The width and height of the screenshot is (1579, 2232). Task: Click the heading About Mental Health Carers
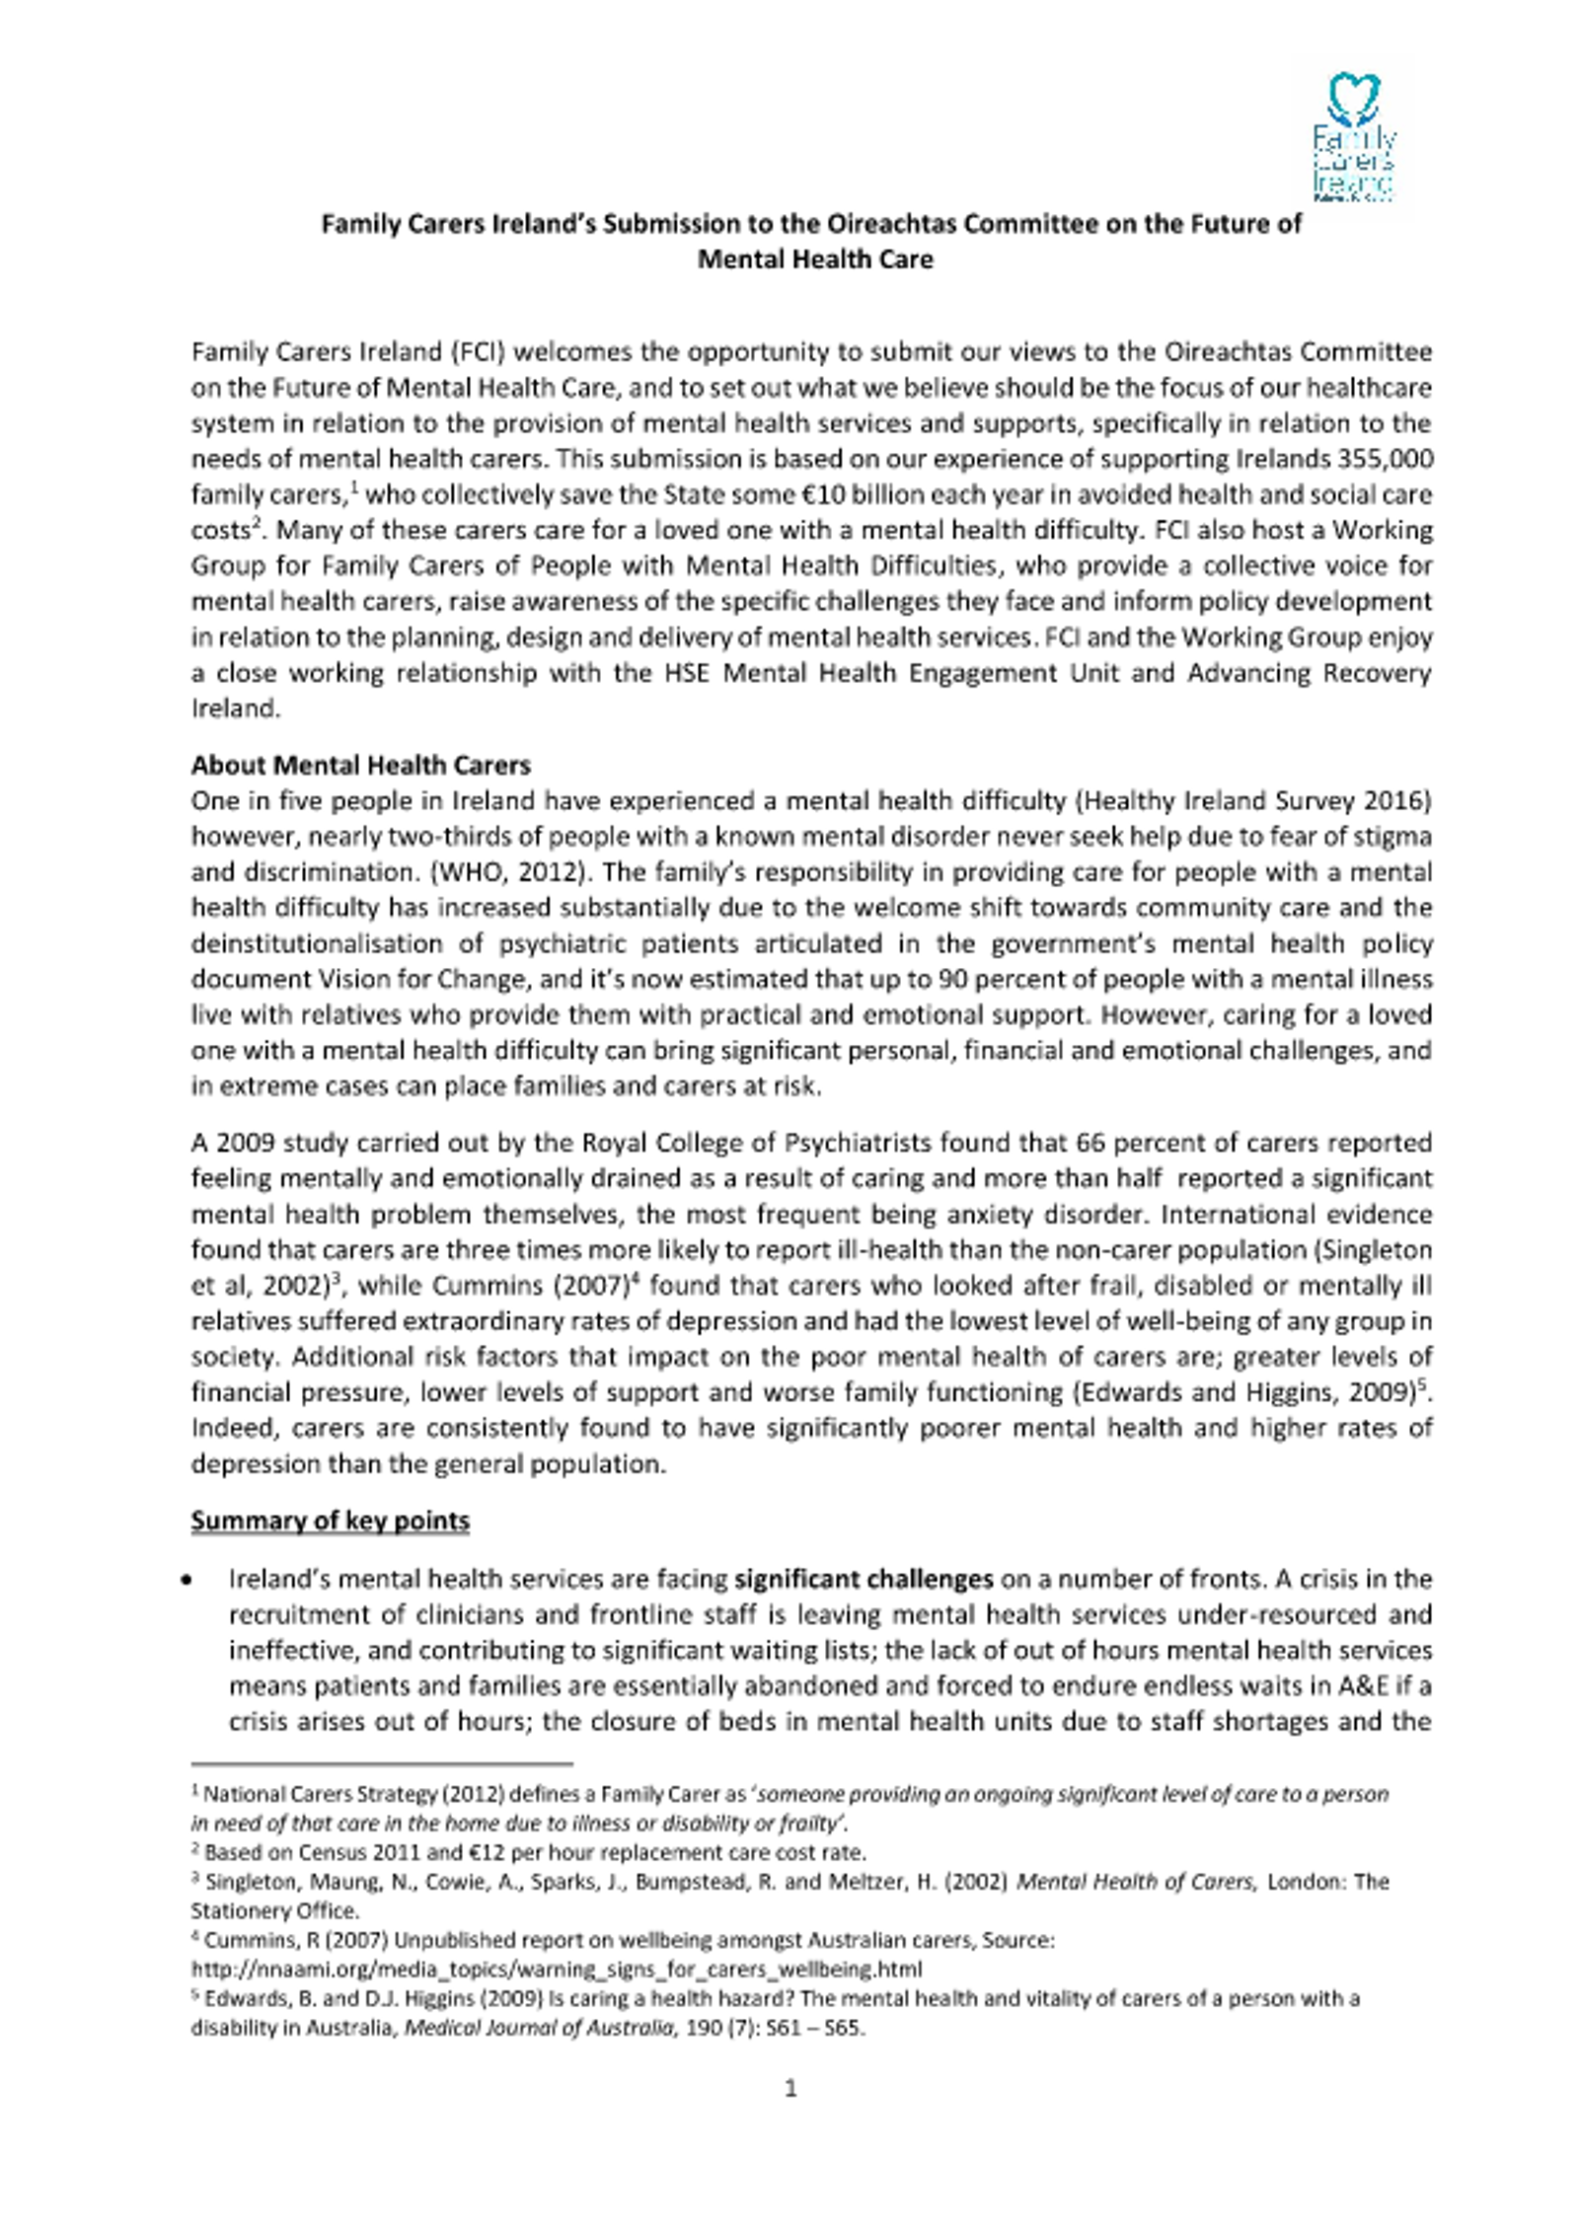360,765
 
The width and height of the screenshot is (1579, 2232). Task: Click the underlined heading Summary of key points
330,1521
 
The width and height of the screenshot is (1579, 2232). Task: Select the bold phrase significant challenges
864,1580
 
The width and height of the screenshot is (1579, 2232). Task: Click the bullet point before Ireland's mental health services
188,1581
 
